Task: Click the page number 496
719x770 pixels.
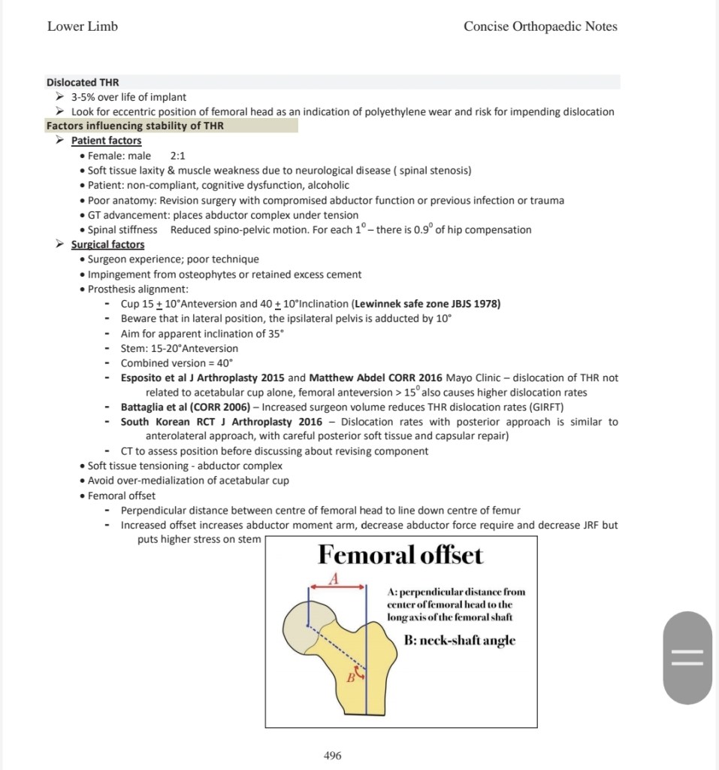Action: click(332, 756)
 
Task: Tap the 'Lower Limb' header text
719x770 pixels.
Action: click(83, 26)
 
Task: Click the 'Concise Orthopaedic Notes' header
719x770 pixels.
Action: click(540, 26)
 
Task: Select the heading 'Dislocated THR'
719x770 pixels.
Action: click(83, 82)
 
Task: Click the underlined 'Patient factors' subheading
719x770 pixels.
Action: click(106, 141)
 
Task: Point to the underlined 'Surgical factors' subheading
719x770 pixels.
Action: click(107, 244)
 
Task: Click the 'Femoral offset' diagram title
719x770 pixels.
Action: click(400, 556)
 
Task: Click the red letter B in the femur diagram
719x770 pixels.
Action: click(349, 678)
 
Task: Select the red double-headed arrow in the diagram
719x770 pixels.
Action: click(337, 587)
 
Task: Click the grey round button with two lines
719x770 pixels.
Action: click(687, 657)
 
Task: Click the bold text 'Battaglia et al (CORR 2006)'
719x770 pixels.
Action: click(185, 407)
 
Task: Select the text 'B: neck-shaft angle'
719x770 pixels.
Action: click(460, 641)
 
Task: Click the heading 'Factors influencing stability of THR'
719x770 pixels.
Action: click(135, 126)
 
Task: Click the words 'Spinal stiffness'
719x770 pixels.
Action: click(122, 229)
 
